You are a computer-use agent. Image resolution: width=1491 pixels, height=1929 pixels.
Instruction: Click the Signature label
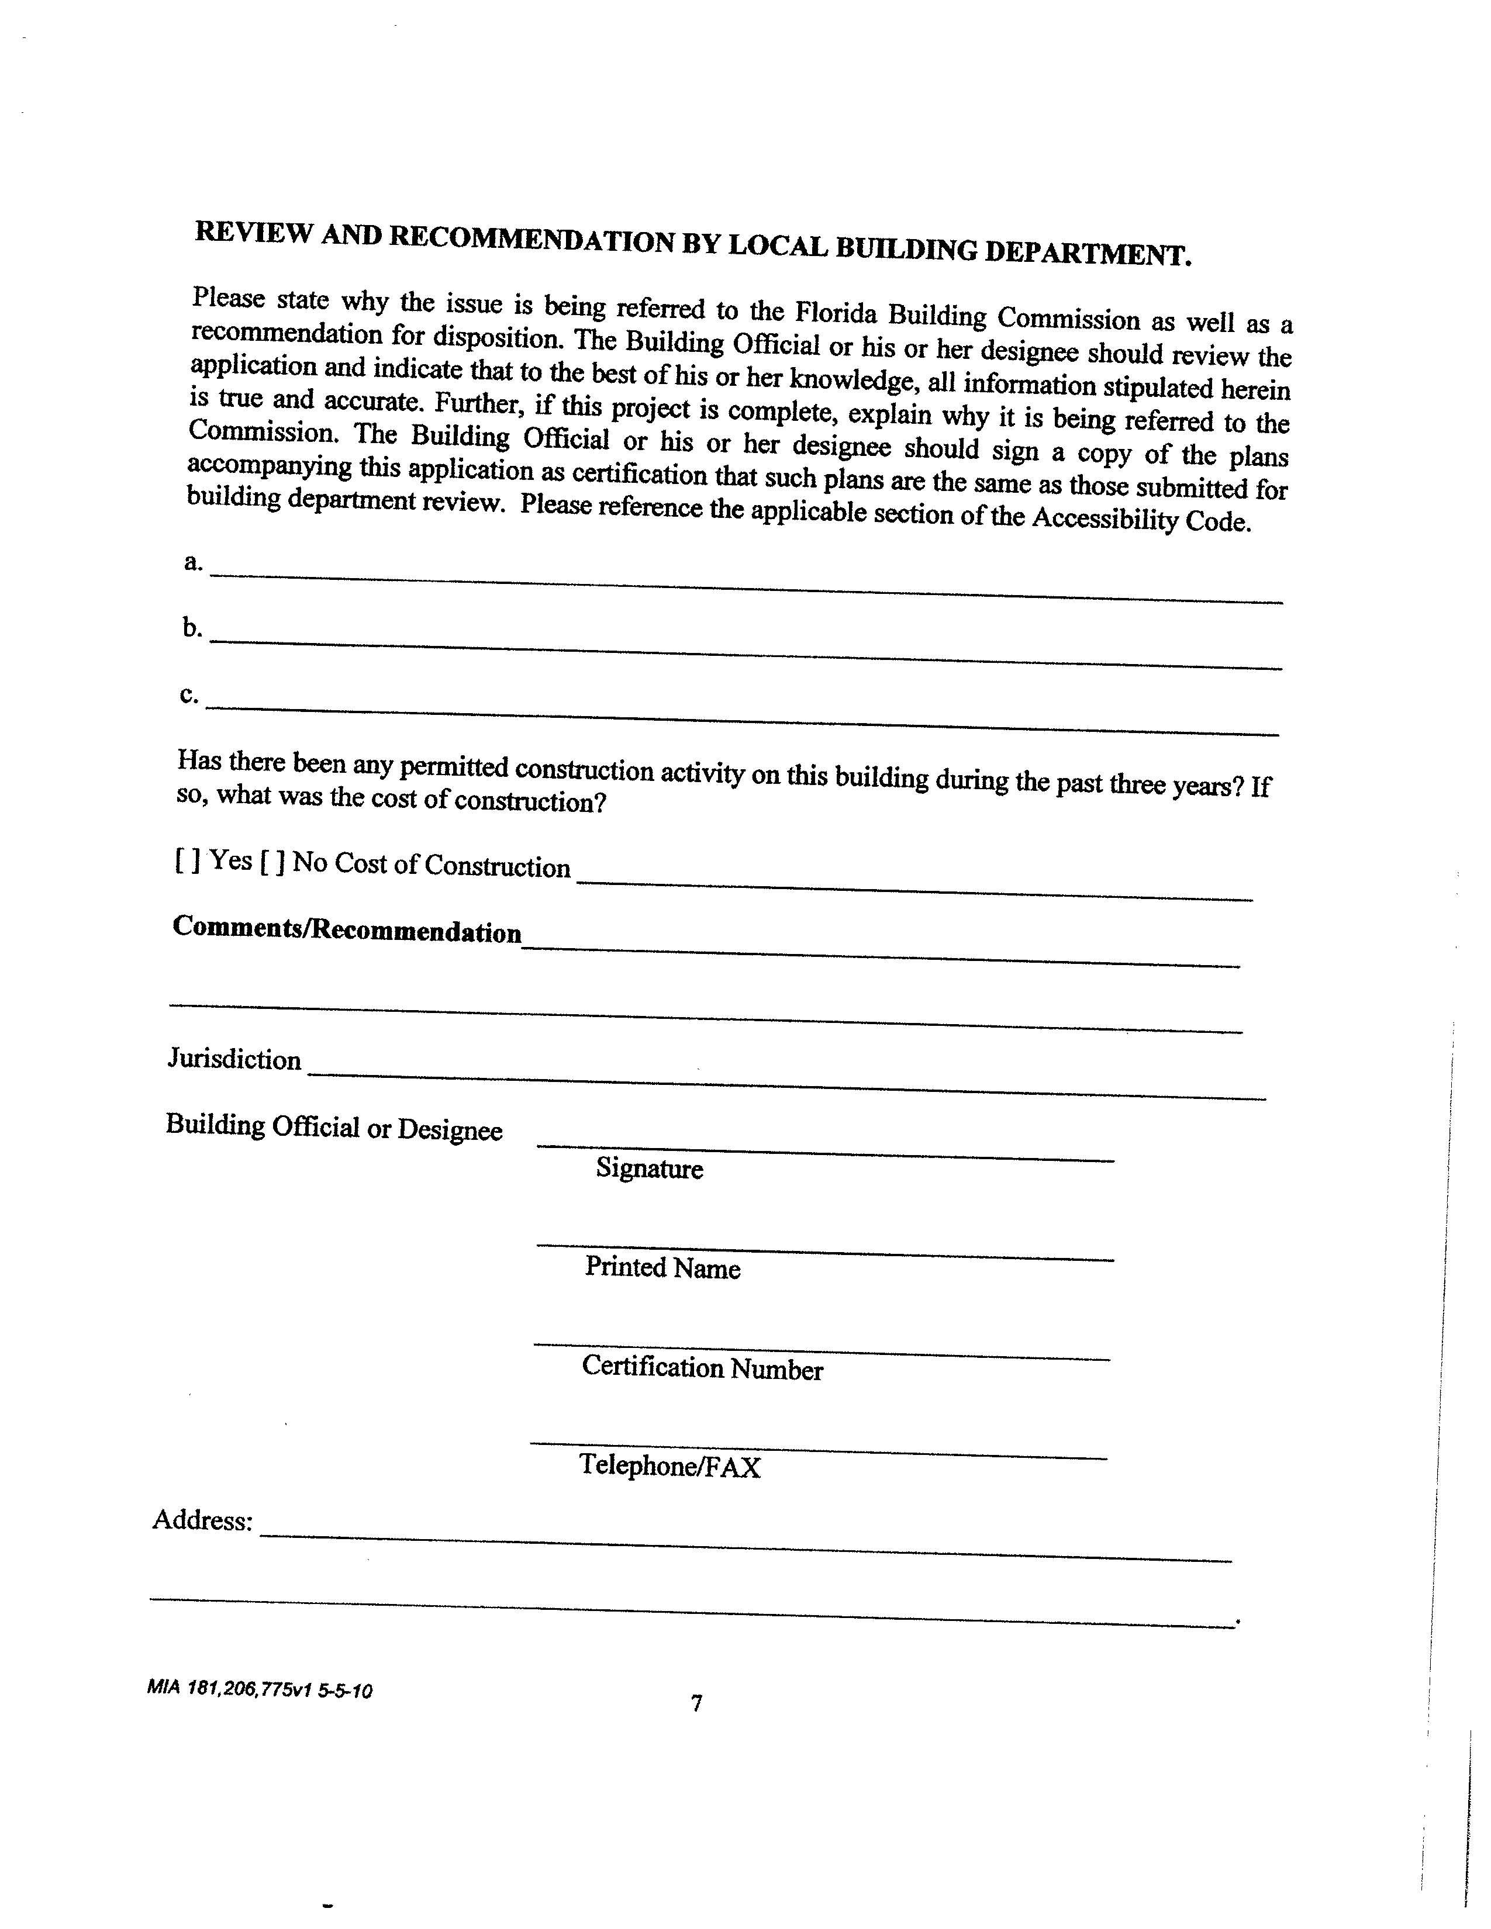point(649,1169)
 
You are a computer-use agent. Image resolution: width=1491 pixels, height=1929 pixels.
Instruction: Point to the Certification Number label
point(702,1368)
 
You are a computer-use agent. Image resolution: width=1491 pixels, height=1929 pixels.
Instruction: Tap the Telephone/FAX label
point(669,1466)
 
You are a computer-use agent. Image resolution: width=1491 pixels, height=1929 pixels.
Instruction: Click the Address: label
point(202,1520)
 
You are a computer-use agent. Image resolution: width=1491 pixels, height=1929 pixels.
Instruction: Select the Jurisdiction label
point(234,1059)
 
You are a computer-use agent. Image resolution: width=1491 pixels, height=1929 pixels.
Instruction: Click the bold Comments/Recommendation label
point(347,929)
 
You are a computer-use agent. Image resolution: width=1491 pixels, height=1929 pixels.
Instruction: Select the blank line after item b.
point(747,654)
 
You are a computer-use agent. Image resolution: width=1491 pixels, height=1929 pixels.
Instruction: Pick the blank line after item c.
point(742,720)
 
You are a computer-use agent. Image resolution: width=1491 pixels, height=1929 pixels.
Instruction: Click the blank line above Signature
point(825,1152)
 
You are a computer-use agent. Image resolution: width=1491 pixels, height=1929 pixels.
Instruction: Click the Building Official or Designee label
point(334,1128)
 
